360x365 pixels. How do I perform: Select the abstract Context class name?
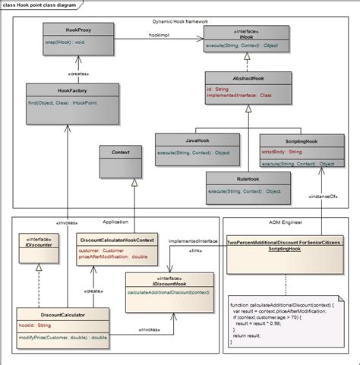tap(120, 153)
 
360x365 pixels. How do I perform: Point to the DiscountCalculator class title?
tap(62, 313)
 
